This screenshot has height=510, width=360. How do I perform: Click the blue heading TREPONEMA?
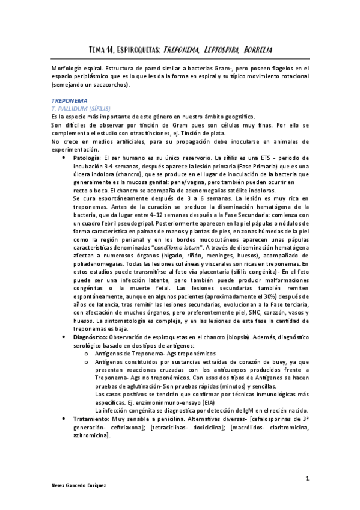70,100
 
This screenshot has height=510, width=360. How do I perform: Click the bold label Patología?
88,158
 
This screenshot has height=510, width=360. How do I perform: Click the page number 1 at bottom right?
307,479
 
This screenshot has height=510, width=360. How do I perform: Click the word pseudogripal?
128,221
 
